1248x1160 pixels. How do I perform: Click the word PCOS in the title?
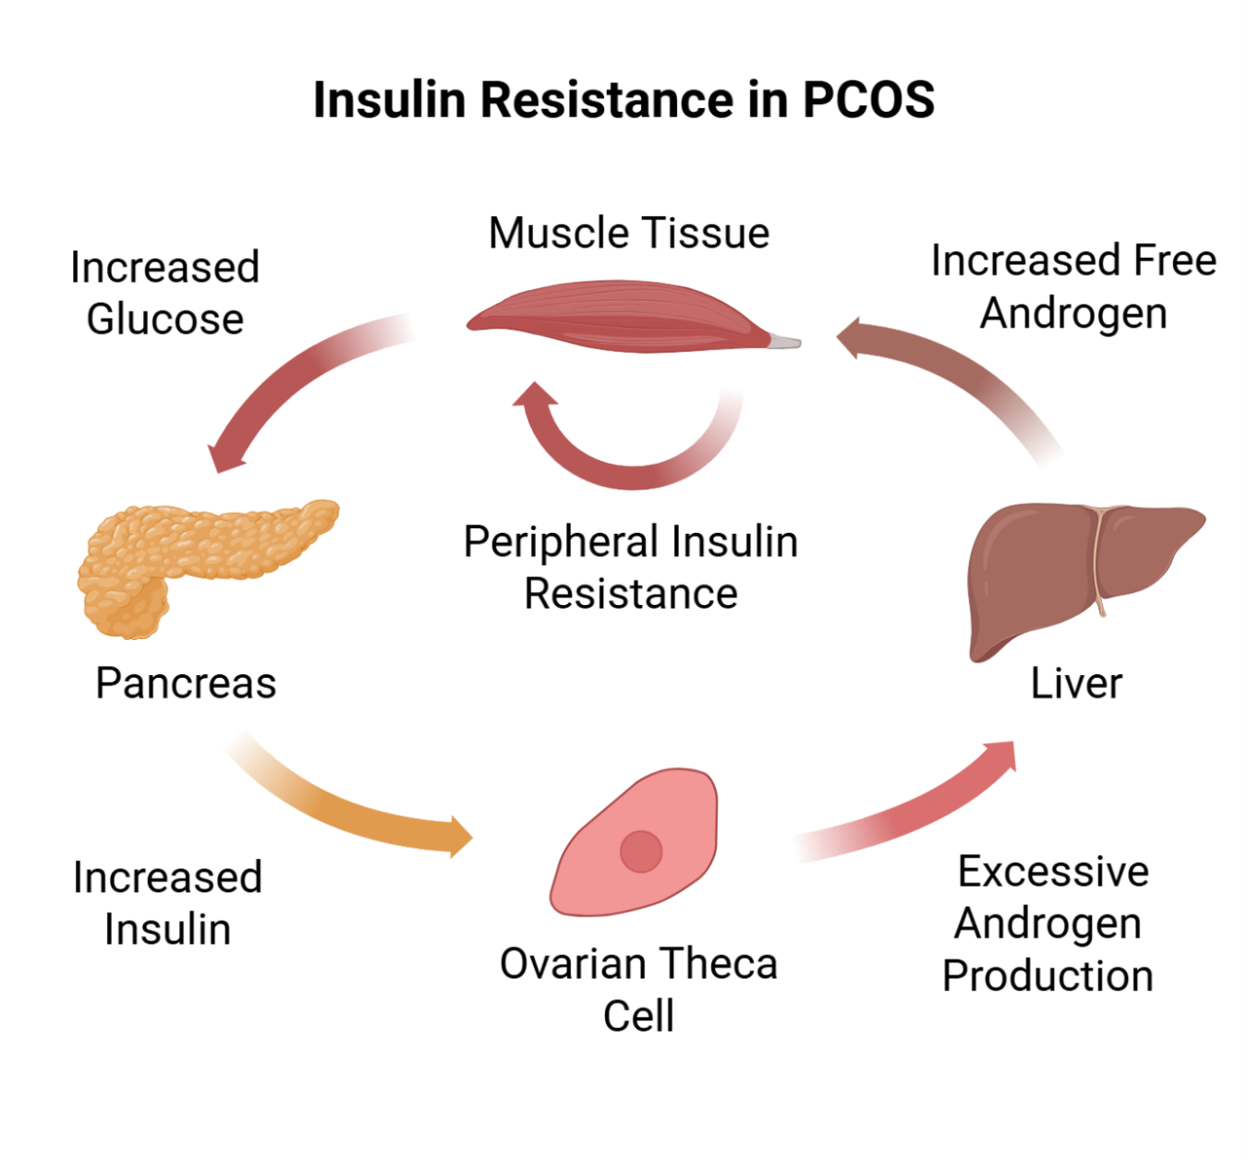click(x=868, y=100)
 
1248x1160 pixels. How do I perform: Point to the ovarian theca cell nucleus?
click(x=640, y=851)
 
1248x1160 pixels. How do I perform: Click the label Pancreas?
click(x=186, y=684)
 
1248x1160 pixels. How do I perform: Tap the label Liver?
click(x=1076, y=684)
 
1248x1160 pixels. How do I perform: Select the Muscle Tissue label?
click(x=628, y=233)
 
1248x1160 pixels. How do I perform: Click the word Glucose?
click(x=165, y=320)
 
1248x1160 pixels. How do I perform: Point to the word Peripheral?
click(x=561, y=542)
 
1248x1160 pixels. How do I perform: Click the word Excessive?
click(x=1053, y=872)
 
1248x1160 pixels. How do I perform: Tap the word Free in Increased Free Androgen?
click(x=1175, y=260)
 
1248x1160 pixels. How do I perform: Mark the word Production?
click(x=1048, y=976)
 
